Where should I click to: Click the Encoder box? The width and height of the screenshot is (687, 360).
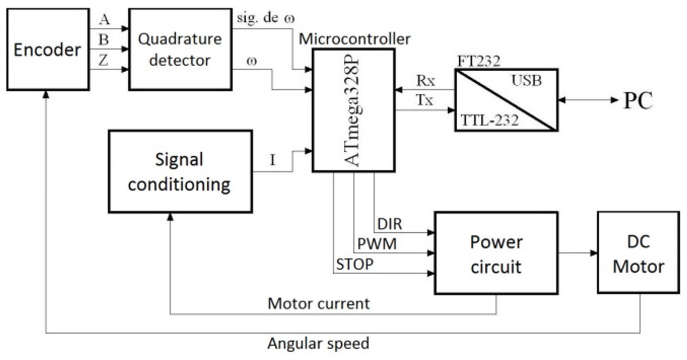(48, 49)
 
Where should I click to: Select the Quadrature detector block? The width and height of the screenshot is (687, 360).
(180, 49)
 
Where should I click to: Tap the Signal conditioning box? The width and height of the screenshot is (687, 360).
(180, 171)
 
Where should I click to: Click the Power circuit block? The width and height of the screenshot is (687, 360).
(496, 253)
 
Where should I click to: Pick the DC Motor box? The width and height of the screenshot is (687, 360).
(638, 253)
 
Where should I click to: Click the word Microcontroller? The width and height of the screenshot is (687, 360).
(355, 39)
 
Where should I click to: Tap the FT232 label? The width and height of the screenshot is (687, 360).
(479, 61)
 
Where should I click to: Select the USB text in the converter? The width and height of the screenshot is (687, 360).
(526, 80)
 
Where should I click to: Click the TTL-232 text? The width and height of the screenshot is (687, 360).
(489, 120)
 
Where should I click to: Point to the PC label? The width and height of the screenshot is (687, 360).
(638, 100)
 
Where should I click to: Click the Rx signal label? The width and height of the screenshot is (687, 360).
(425, 80)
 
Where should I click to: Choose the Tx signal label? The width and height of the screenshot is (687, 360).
(425, 100)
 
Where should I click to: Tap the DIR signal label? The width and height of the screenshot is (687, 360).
(389, 224)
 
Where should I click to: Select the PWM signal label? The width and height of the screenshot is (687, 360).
(377, 244)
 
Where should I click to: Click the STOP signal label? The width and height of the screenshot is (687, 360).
(355, 264)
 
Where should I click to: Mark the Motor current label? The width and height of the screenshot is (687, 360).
(319, 304)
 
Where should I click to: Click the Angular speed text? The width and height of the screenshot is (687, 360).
(318, 344)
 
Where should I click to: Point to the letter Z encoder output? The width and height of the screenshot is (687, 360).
(103, 60)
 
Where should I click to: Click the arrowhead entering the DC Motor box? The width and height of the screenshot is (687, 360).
(594, 253)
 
